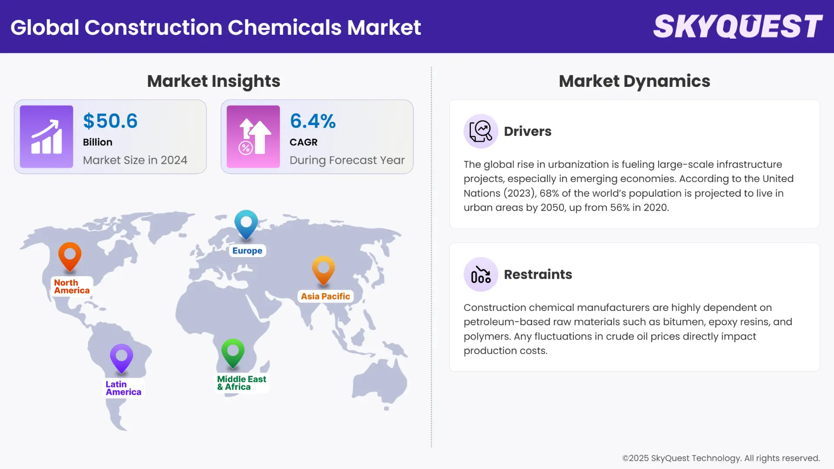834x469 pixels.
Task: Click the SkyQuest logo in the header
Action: click(738, 26)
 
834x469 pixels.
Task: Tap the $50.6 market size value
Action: click(110, 121)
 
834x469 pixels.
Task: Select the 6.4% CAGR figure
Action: click(313, 121)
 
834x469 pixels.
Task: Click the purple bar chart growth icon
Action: click(46, 136)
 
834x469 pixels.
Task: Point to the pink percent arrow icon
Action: click(253, 136)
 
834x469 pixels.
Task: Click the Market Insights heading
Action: click(213, 81)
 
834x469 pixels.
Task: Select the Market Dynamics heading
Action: click(634, 81)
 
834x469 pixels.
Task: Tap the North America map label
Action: click(72, 287)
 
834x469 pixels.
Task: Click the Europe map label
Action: click(247, 251)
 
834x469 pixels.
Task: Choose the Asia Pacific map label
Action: click(325, 296)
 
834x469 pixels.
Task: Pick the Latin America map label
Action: click(123, 388)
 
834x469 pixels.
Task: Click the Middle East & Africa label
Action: click(242, 383)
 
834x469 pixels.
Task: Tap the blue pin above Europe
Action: click(246, 223)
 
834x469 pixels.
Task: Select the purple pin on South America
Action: click(122, 357)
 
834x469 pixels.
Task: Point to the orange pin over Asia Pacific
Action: click(324, 269)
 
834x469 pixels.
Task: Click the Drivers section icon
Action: click(481, 131)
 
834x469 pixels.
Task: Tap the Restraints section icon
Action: click(481, 274)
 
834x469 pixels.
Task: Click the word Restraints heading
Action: click(538, 274)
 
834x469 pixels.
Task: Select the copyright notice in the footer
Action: click(721, 458)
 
